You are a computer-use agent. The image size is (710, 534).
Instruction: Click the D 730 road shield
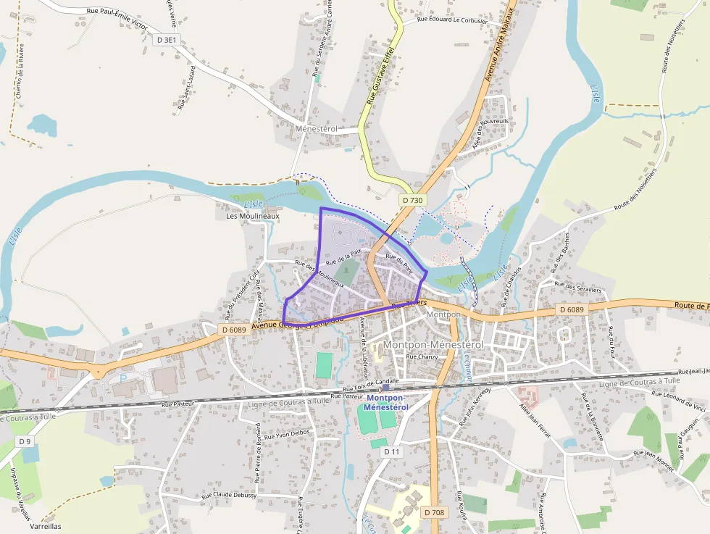point(412,200)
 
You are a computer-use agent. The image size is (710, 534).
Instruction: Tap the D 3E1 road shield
point(166,41)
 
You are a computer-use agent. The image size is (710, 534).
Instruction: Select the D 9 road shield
point(25,441)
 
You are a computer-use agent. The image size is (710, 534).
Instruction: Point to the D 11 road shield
point(391,451)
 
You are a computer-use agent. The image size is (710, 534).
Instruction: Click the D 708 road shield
point(434,512)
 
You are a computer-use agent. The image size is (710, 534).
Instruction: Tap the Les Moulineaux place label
point(252,216)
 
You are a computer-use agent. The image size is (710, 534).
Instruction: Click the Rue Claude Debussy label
point(229,496)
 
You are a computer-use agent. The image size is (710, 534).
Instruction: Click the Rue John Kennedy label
point(474,406)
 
